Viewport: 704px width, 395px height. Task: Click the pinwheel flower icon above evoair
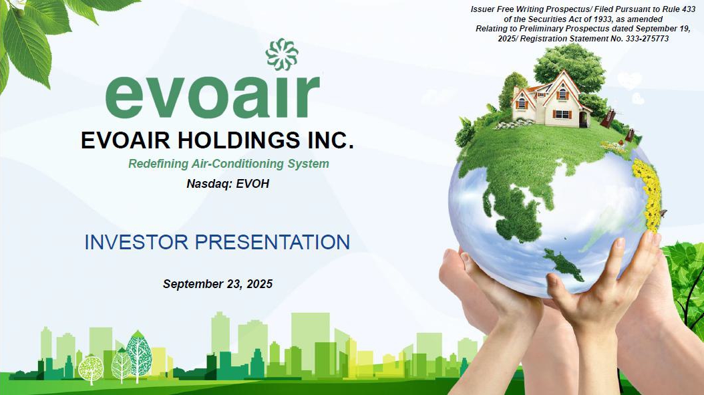click(x=282, y=55)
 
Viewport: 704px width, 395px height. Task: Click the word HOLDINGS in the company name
click(x=239, y=140)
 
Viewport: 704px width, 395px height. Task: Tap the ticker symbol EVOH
click(x=252, y=183)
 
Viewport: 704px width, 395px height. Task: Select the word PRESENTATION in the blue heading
click(x=272, y=242)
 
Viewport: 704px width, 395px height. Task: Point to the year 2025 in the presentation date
click(x=260, y=284)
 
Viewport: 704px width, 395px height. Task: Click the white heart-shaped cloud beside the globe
click(x=629, y=81)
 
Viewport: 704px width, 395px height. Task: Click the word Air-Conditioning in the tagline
click(x=238, y=164)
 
